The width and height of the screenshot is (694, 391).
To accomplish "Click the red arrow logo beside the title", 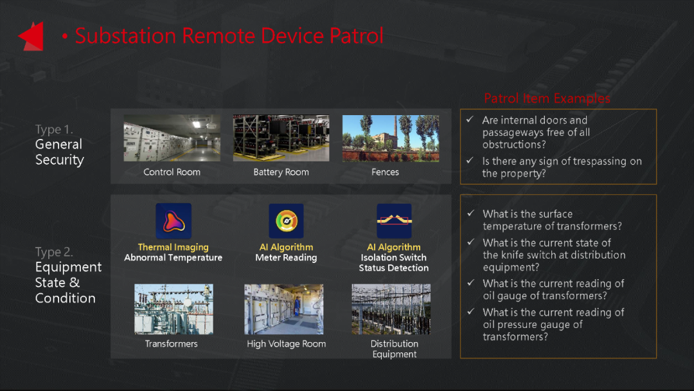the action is (x=32, y=36).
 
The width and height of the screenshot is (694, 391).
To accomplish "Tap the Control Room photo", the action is (x=172, y=138).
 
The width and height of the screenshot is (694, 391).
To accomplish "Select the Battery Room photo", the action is (x=281, y=138).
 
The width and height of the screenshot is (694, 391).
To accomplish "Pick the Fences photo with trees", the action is (x=391, y=138).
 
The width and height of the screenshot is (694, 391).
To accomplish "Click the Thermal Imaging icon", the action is (x=173, y=221).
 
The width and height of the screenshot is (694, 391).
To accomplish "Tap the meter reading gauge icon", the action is (x=286, y=221).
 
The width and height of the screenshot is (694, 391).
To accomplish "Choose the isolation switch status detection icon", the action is (x=394, y=221).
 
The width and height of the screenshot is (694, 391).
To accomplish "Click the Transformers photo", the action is (x=173, y=309).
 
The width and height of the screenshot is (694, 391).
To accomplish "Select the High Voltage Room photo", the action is (x=284, y=309).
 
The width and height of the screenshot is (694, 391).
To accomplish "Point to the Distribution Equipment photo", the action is (x=391, y=309).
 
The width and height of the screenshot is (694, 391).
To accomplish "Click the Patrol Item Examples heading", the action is (x=547, y=98).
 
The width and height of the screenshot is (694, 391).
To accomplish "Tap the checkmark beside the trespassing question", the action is (x=470, y=160).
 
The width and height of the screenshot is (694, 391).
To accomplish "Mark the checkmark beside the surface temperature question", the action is (x=471, y=213).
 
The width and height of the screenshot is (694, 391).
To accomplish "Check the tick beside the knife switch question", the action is (x=471, y=242).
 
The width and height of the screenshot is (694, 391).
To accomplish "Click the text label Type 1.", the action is (x=54, y=129).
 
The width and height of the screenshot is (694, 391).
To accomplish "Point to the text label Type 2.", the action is (x=54, y=252).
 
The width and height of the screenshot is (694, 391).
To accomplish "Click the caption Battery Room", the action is (x=281, y=172).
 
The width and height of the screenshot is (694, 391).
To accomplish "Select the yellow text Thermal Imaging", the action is (x=173, y=247).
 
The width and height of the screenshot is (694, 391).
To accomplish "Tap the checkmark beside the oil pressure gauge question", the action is (x=471, y=311).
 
